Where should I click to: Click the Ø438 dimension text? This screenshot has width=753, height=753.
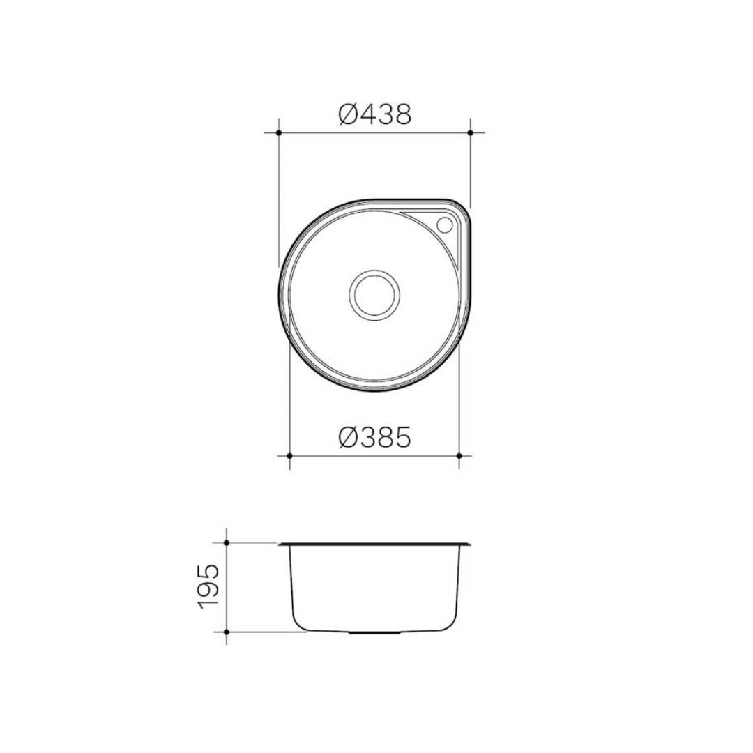pos(374,114)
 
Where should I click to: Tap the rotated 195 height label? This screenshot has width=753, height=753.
pos(208,586)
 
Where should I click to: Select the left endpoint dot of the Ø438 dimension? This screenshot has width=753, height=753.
pos(278,132)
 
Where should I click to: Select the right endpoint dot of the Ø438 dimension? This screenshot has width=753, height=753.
pos(470,132)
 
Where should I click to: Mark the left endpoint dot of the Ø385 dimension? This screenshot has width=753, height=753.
pos(289,455)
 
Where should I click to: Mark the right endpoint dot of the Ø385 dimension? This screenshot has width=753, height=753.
pos(459,455)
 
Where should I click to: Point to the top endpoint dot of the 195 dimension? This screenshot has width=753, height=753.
pos(227,542)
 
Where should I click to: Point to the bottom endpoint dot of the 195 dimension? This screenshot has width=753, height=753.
pos(227,631)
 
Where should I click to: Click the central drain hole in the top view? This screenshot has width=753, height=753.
pos(374,295)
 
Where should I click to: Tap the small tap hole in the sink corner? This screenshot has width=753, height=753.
pos(444,225)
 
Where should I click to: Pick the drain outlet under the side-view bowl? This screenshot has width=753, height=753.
pos(374,633)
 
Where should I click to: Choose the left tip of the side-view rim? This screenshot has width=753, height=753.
pos(280,543)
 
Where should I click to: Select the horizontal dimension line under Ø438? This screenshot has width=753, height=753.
pos(374,132)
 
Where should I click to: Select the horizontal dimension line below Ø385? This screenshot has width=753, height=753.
pos(374,455)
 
